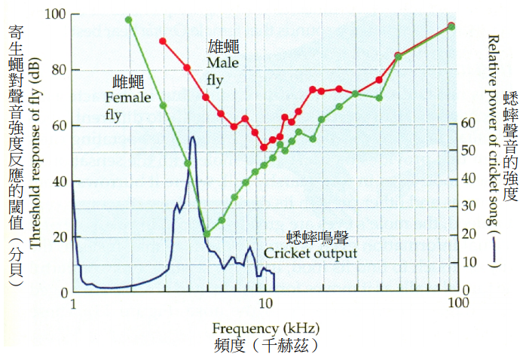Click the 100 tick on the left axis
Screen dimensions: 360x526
tap(55, 15)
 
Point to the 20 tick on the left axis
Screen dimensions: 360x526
tap(58, 237)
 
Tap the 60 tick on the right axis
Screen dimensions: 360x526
tap(467, 123)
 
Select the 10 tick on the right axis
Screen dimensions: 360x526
tap(467, 262)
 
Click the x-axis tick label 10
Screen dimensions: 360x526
tap(265, 304)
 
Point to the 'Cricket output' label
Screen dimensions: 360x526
tap(310, 254)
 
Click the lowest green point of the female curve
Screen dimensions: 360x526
tap(207, 234)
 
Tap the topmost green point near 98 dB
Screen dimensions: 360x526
tap(129, 20)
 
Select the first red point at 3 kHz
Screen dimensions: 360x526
tap(163, 41)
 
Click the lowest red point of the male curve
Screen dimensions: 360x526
tap(264, 147)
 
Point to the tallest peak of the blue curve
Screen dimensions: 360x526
tap(193, 137)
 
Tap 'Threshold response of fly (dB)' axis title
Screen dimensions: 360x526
tap(35, 151)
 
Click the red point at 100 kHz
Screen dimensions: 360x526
tap(451, 26)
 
